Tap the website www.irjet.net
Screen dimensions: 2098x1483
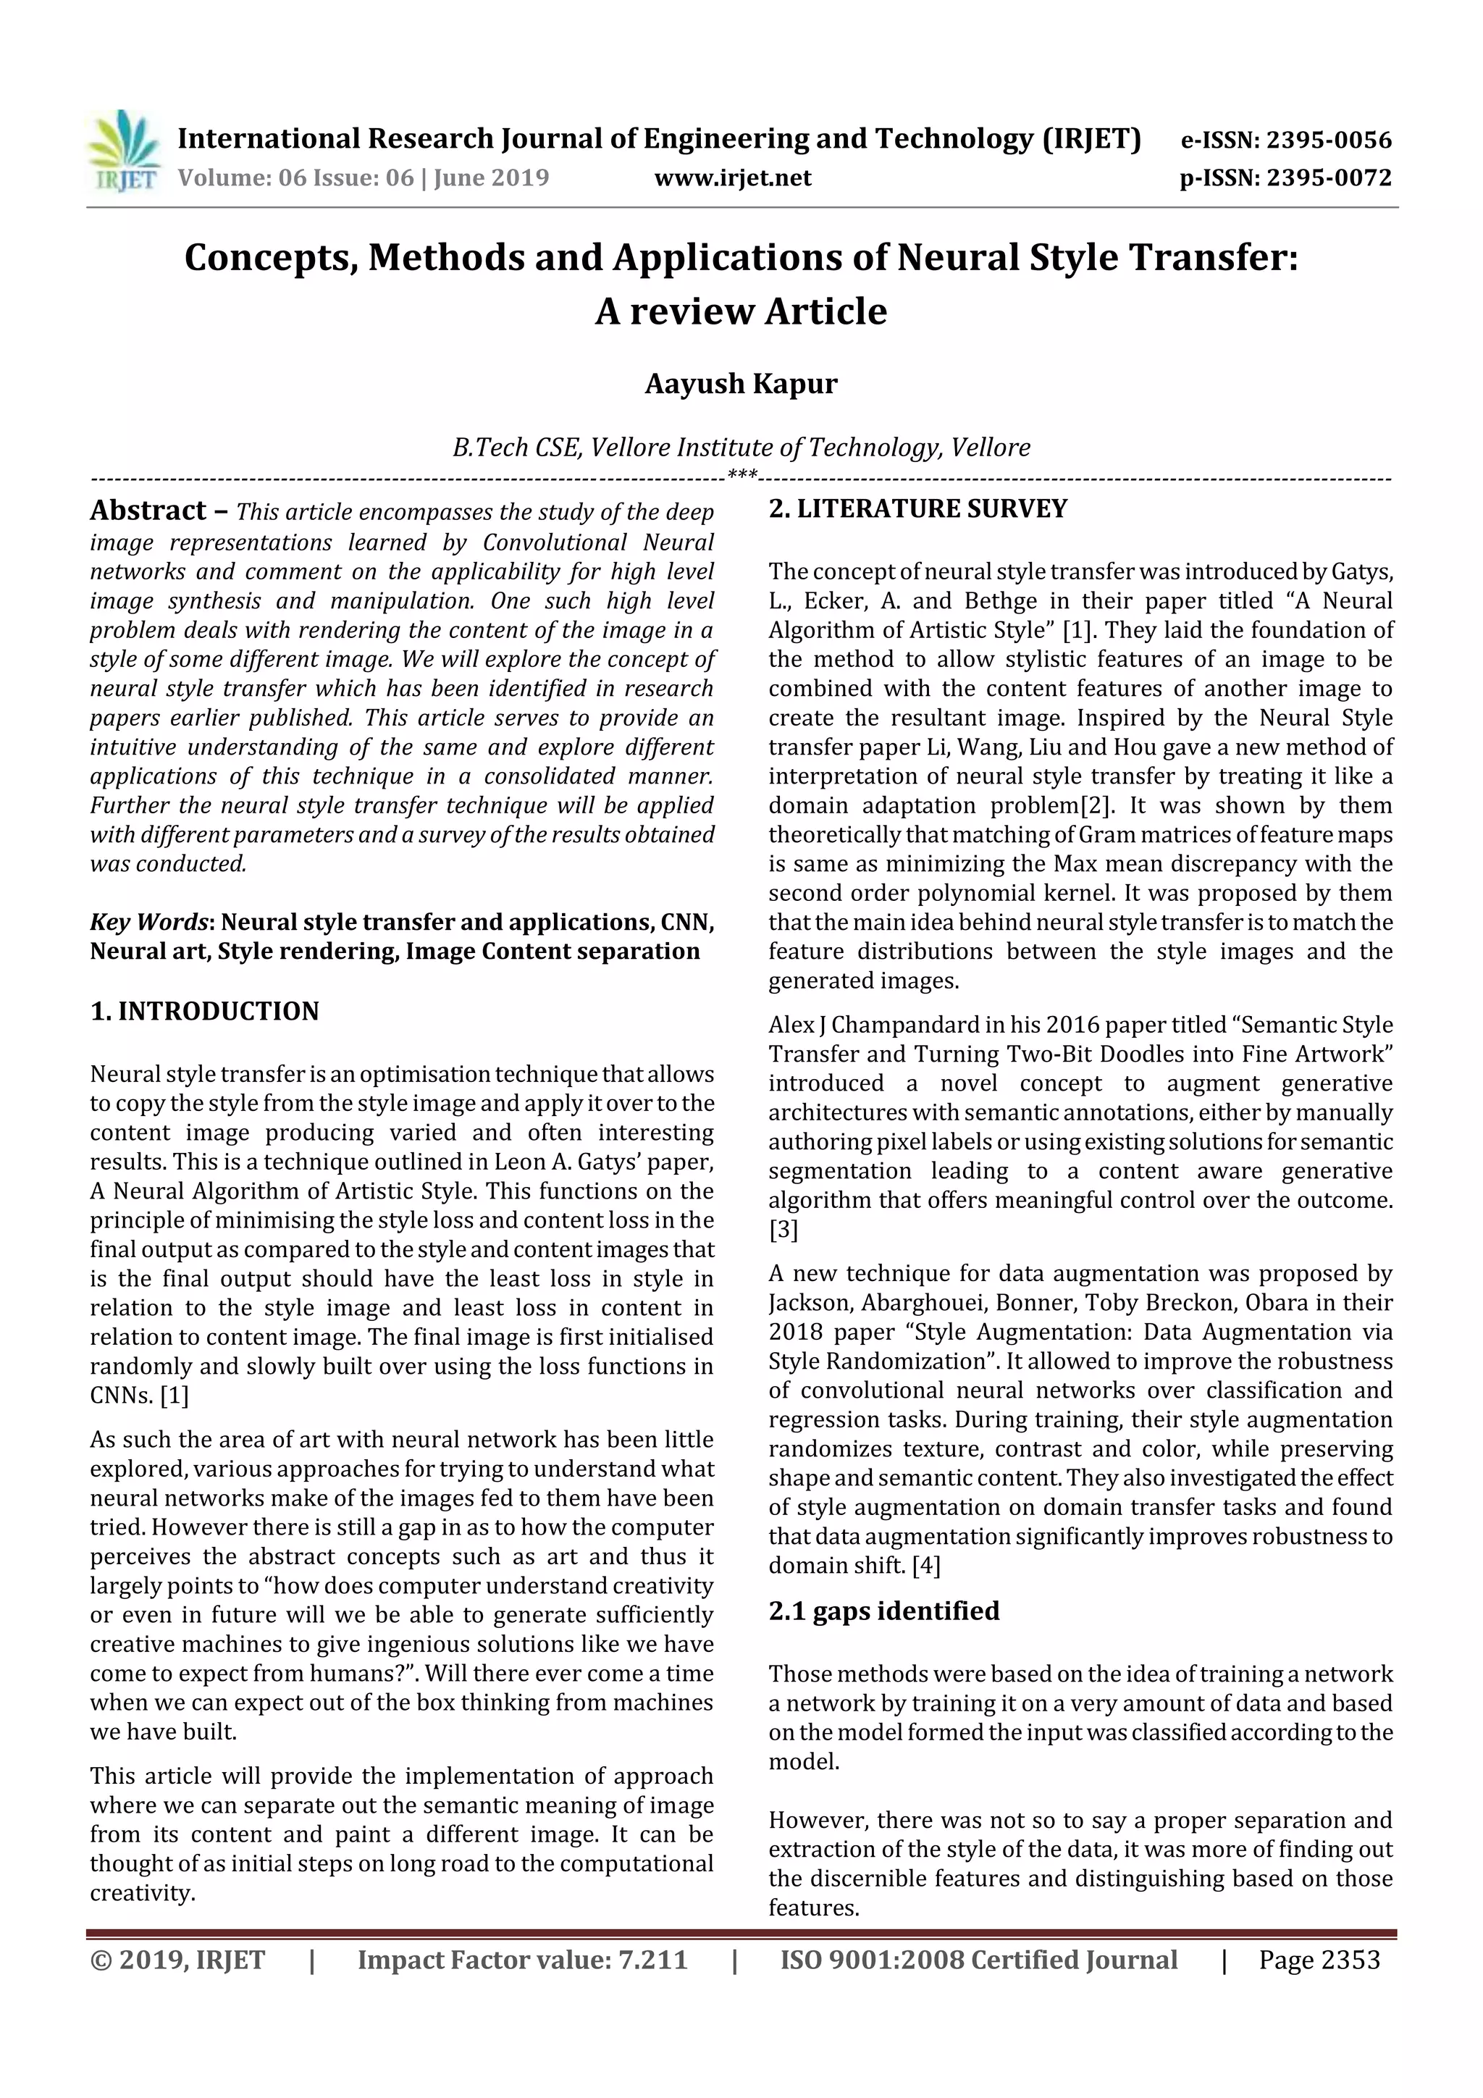click(x=732, y=178)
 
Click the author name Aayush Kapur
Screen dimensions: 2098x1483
click(x=740, y=384)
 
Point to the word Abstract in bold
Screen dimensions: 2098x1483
click(x=148, y=511)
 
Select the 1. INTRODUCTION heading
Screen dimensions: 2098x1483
click(x=205, y=1012)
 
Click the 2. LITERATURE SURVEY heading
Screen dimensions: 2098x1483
click(x=917, y=509)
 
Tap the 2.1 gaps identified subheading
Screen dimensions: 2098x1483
click(x=883, y=1611)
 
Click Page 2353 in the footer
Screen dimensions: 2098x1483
click(x=1319, y=1960)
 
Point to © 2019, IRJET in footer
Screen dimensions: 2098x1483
click(x=177, y=1960)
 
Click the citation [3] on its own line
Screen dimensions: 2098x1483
click(x=783, y=1230)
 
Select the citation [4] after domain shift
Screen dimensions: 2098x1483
click(x=925, y=1566)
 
